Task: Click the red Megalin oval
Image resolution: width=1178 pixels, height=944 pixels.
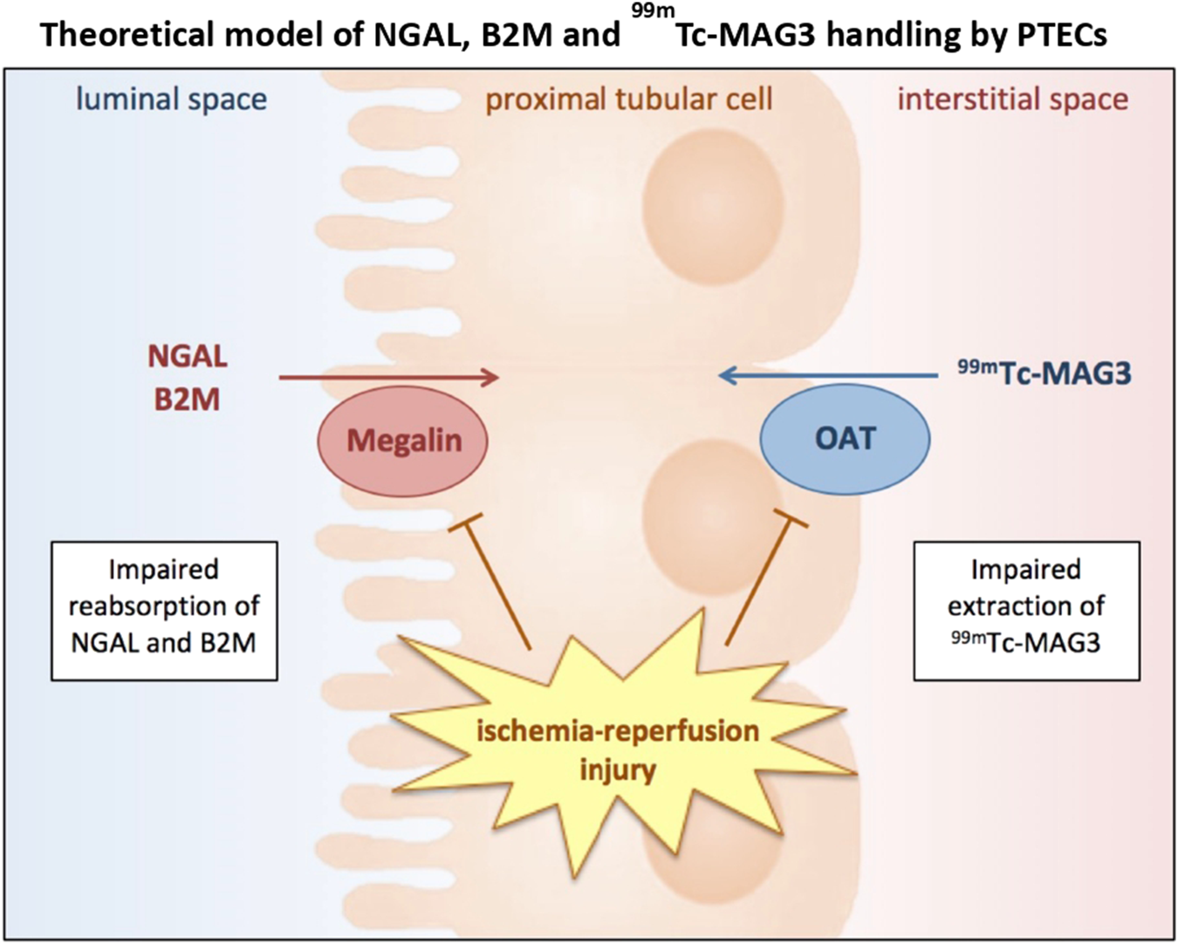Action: [x=402, y=441]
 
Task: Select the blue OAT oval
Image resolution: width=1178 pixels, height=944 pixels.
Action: [x=845, y=439]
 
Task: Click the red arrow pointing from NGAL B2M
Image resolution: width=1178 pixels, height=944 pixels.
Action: [x=388, y=377]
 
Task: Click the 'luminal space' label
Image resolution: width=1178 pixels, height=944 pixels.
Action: [x=171, y=99]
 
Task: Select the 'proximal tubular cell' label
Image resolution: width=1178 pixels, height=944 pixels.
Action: [x=628, y=99]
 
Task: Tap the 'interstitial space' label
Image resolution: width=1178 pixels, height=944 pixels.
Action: [x=1012, y=99]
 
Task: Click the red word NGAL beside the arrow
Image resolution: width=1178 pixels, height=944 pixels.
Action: [x=187, y=356]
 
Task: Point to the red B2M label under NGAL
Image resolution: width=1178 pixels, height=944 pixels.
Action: [x=187, y=399]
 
